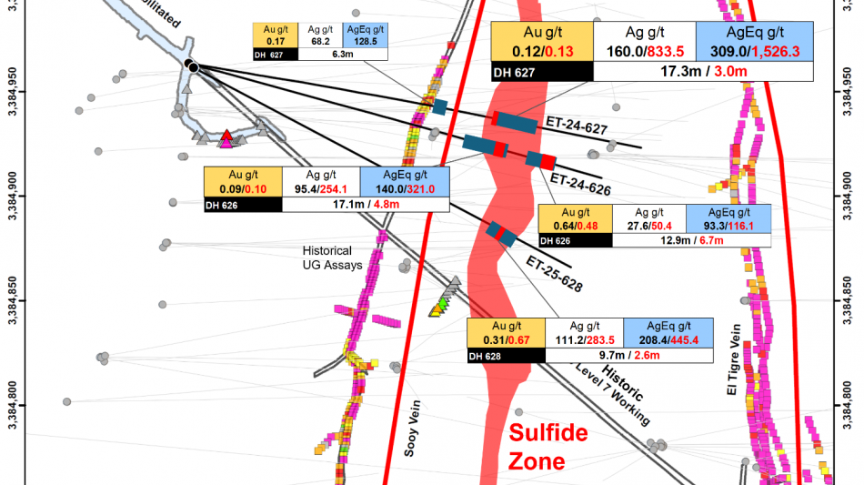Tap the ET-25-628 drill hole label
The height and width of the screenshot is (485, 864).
(x=553, y=273)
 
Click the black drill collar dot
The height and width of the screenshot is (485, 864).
(x=191, y=65)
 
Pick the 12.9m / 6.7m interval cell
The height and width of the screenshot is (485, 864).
(x=690, y=240)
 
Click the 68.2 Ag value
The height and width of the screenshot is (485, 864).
(x=319, y=41)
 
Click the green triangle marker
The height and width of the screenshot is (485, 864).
(x=443, y=302)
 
